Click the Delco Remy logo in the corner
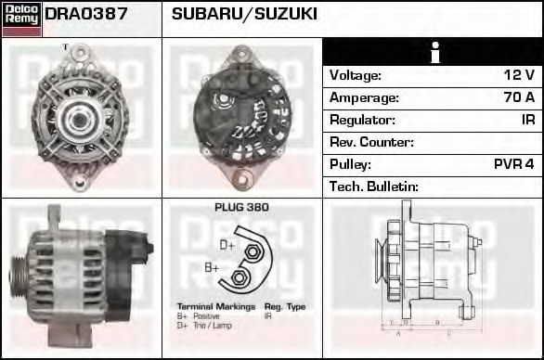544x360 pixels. pos(21,18)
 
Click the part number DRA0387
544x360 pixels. pos(86,14)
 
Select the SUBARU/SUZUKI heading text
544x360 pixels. pos(244,14)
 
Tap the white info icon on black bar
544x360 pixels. pos(433,52)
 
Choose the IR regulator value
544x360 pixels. pos(526,120)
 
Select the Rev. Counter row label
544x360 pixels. pos(371,142)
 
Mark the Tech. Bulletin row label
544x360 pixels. pos(374,186)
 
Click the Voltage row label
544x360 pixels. pos(356,75)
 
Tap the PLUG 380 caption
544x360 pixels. pos(241,208)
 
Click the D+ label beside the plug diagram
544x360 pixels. pos(227,245)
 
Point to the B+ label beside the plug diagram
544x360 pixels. pos(212,268)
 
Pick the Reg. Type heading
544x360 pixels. pos(284,306)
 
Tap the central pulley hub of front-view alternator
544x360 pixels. pos(80,116)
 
